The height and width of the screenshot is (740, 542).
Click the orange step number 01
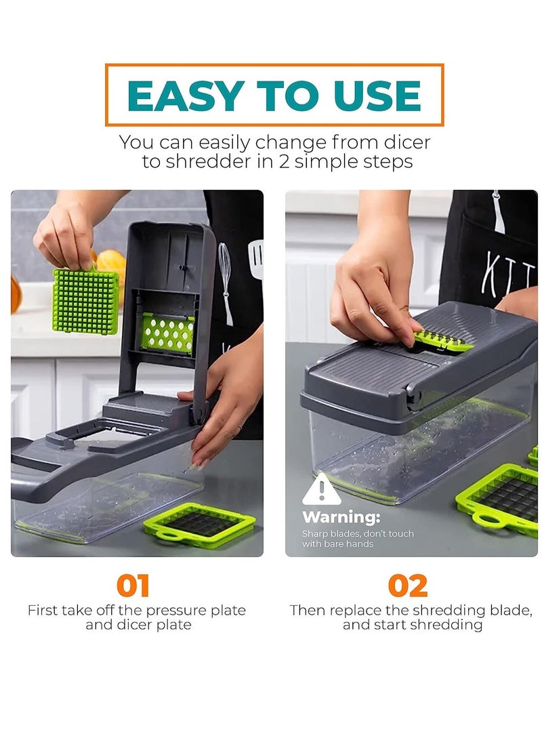point(133,585)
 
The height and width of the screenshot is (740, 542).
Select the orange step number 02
point(408,585)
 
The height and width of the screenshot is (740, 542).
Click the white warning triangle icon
point(320,490)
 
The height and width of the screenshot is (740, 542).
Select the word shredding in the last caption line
point(448,625)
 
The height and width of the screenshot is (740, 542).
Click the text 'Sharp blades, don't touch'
point(358,534)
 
